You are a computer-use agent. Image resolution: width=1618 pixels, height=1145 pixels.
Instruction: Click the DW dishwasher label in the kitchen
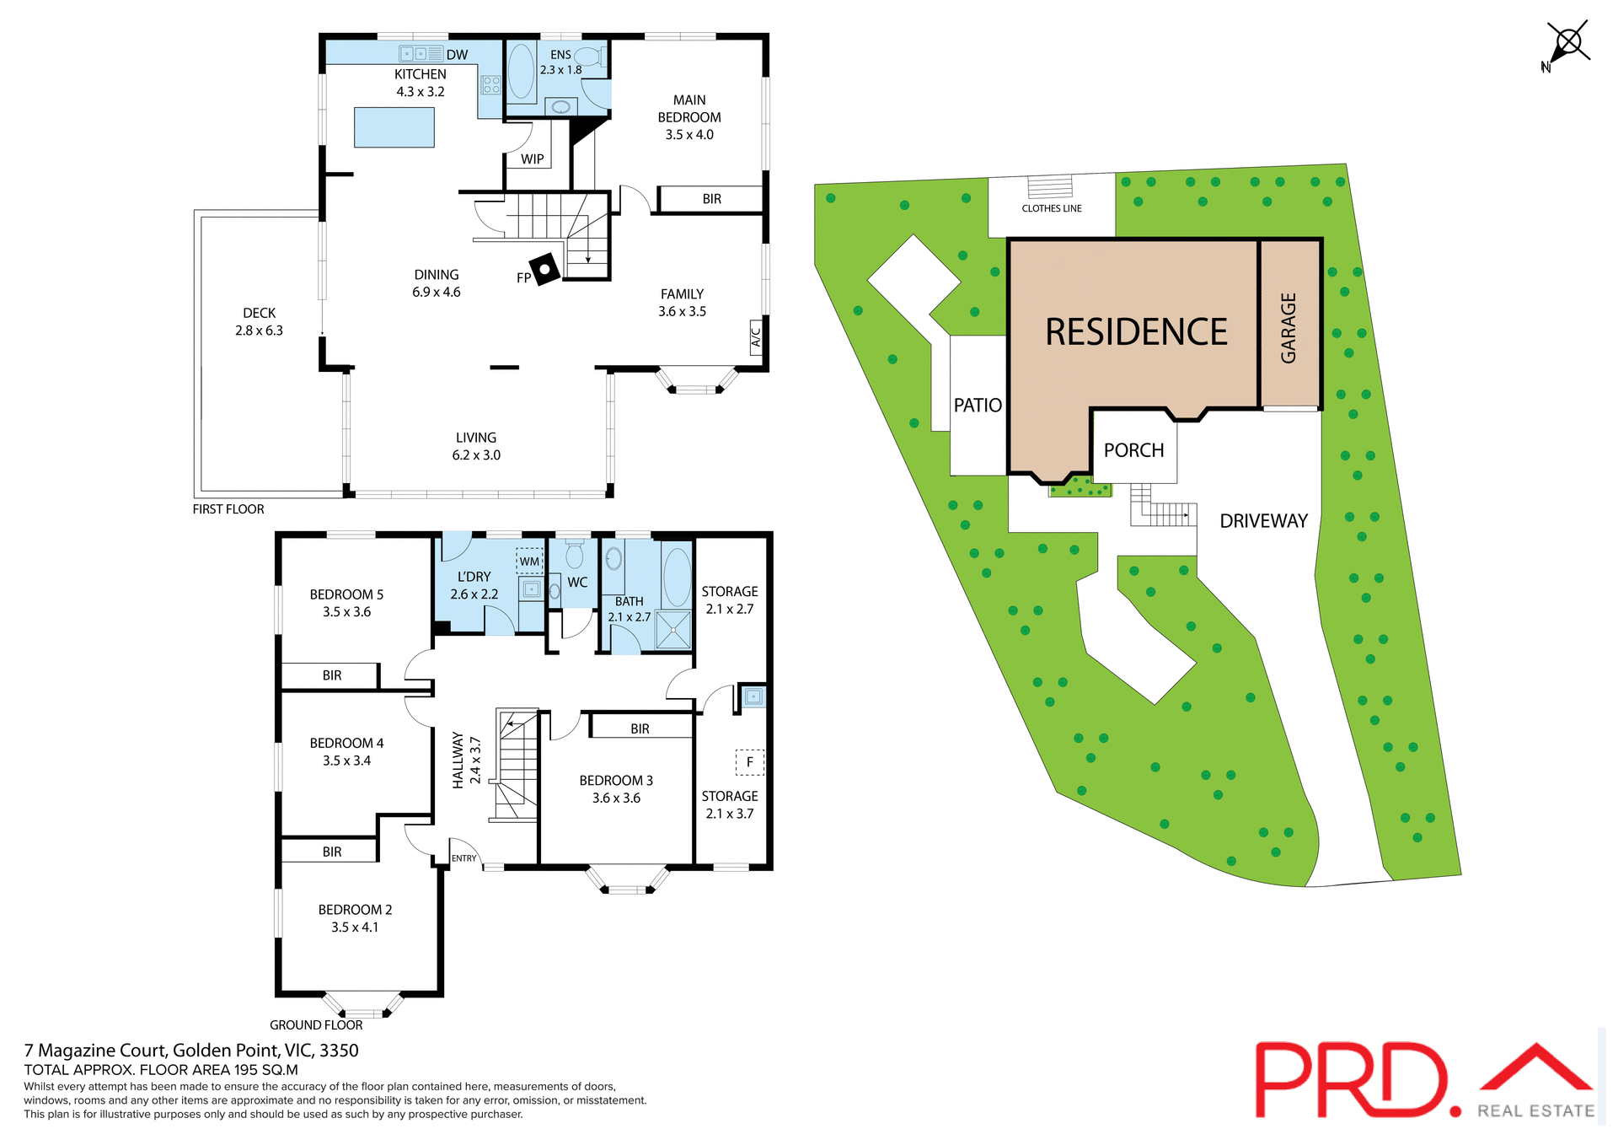(457, 55)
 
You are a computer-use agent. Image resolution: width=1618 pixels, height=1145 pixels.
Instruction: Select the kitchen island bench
(394, 127)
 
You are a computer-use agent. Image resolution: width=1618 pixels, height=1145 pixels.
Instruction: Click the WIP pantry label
(532, 159)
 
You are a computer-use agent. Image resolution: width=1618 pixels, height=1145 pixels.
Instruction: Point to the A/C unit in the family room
(756, 336)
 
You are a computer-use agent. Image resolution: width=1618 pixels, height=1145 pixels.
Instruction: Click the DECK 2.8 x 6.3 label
(259, 321)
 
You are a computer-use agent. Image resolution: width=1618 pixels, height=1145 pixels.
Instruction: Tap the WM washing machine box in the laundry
(529, 561)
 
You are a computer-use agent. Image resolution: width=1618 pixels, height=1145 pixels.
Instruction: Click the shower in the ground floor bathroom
(672, 630)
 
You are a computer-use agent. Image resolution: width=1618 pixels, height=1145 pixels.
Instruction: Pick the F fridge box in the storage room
(749, 761)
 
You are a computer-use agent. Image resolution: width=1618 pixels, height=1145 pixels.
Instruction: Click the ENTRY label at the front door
(463, 858)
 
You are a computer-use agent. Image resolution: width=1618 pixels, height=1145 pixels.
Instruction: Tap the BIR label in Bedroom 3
(640, 728)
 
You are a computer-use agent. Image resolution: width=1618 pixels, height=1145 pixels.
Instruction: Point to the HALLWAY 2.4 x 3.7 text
(466, 760)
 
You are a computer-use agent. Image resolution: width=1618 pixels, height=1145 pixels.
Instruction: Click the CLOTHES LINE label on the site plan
(1051, 208)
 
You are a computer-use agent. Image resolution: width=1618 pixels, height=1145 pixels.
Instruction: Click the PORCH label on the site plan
(1133, 450)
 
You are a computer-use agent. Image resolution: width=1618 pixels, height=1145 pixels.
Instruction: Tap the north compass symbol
(1567, 44)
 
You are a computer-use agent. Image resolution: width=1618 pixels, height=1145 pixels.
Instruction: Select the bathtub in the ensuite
(521, 72)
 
